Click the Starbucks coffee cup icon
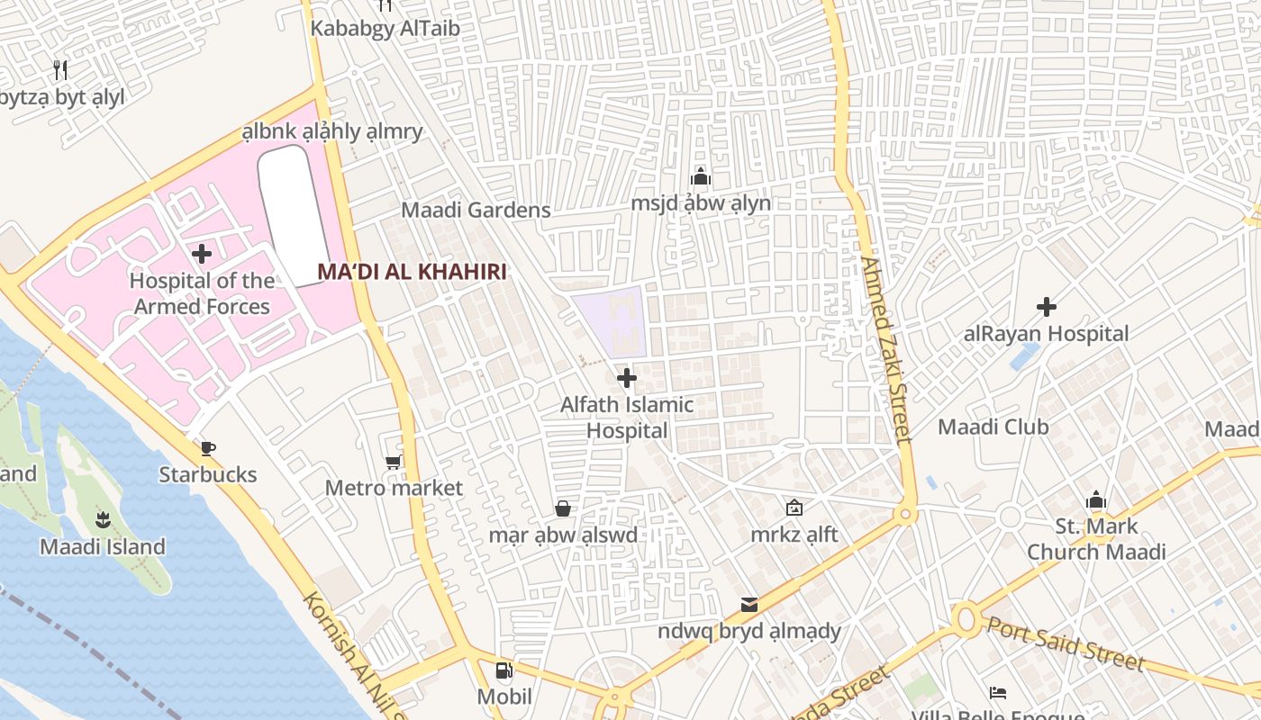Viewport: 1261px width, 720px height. coord(208,448)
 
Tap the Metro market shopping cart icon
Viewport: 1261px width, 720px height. coord(393,463)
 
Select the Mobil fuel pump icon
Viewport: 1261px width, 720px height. coord(503,670)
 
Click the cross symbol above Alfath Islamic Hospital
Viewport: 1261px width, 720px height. coord(627,378)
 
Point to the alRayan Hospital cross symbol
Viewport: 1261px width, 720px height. coord(1046,307)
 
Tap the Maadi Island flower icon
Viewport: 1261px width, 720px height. coord(102,519)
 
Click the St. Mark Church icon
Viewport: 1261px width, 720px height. coord(1095,499)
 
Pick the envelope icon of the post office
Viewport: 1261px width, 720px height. coord(749,604)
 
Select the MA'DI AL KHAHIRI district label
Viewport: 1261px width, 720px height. coord(412,272)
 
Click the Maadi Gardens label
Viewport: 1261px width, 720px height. coord(476,211)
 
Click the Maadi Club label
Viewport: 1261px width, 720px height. coord(993,427)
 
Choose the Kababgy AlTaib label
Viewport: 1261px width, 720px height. coord(385,28)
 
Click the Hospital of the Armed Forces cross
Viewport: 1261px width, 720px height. coord(202,254)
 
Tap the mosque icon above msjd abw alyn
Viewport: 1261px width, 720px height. coord(701,176)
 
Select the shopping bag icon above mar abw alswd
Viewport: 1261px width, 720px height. coord(563,509)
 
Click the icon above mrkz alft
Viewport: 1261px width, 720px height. coord(794,508)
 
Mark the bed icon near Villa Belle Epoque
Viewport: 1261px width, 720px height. coord(998,693)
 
